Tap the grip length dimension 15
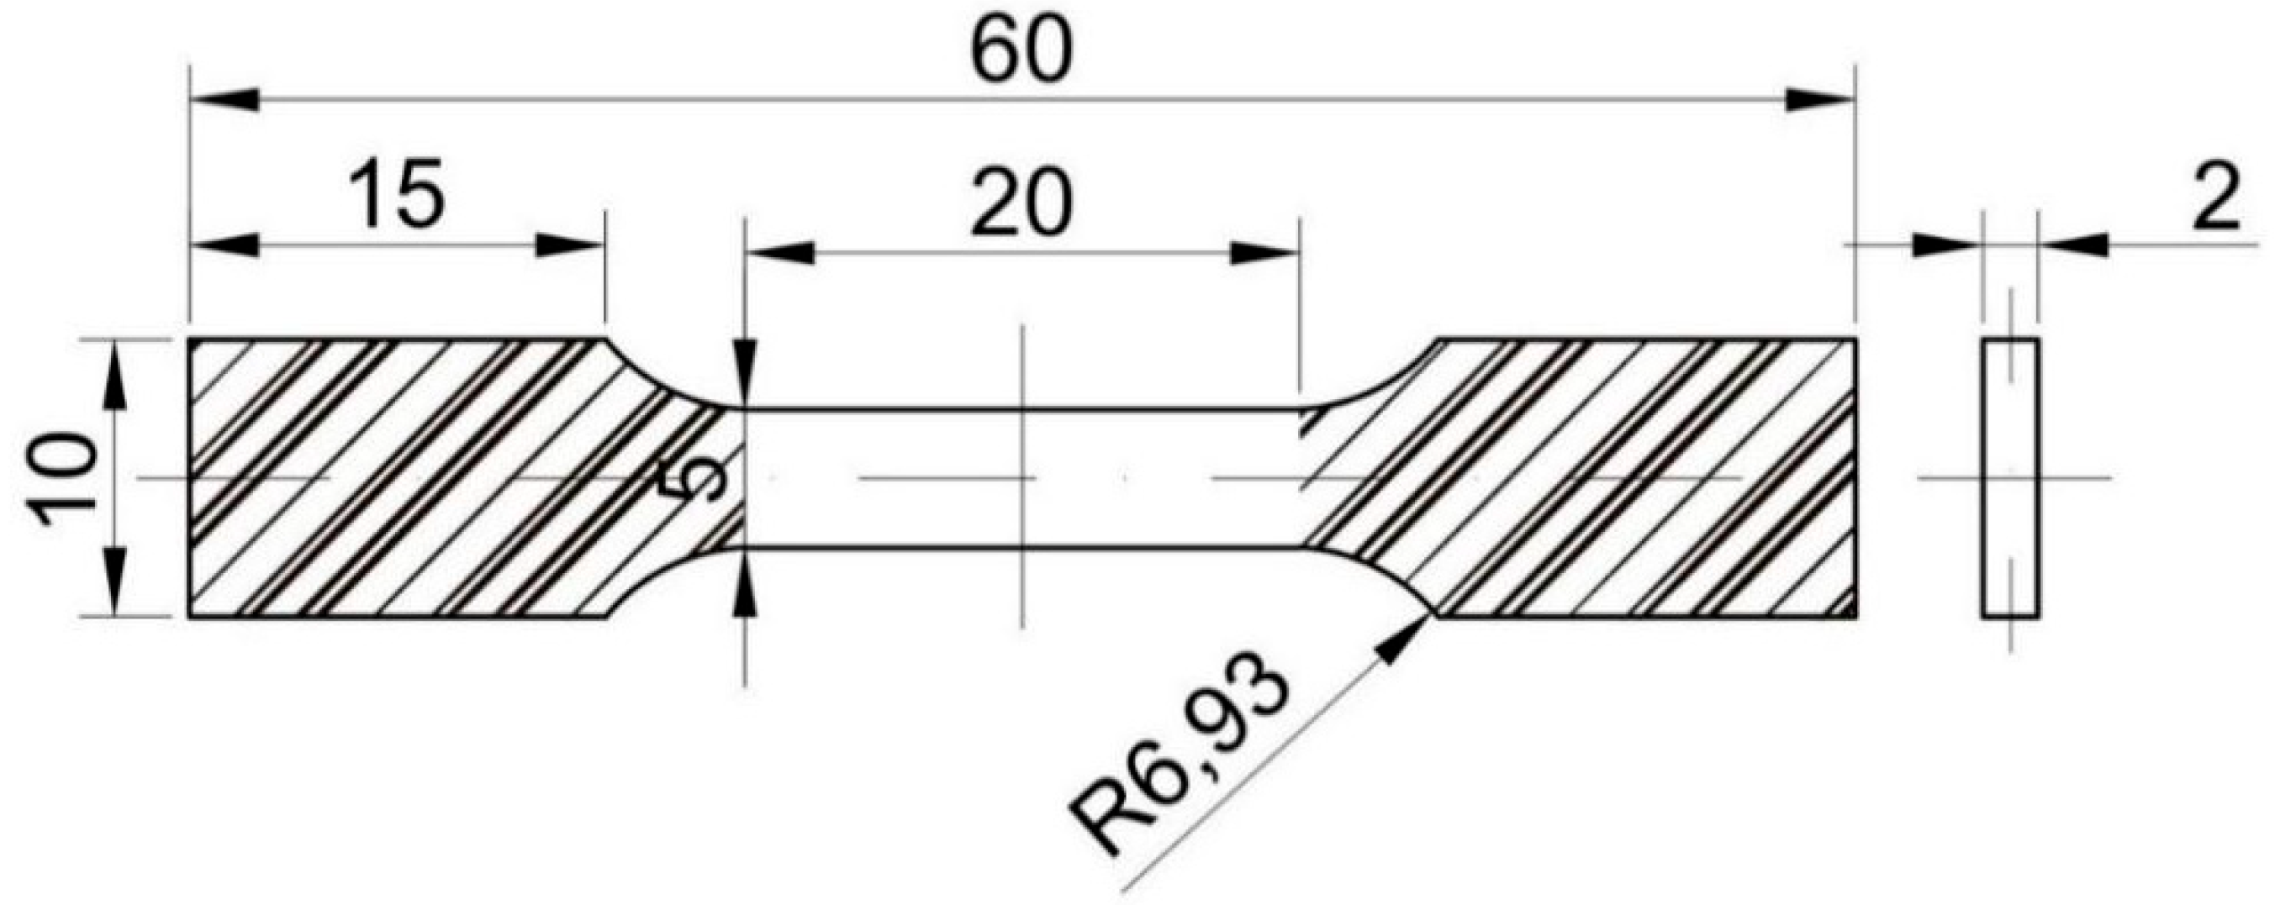tap(396, 196)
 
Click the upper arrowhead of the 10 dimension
tap(116, 375)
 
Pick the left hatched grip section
tap(398, 478)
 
